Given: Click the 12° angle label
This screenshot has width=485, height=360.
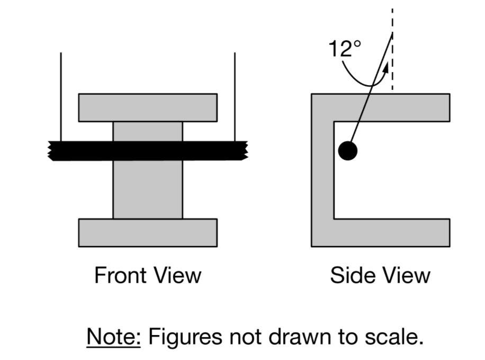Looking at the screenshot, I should point(345,49).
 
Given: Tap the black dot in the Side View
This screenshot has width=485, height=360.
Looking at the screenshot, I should point(348,151).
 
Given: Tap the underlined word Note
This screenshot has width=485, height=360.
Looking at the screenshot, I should point(114,336).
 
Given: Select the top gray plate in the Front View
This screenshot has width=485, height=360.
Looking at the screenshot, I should point(148,107).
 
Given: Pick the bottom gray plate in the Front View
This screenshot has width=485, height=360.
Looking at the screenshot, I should point(148,232).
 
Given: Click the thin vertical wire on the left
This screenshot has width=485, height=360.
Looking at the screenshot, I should point(61,95).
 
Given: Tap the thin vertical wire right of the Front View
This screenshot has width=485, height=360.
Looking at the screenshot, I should point(235,95).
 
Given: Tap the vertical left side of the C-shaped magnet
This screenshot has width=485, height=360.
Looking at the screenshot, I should point(322,169).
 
